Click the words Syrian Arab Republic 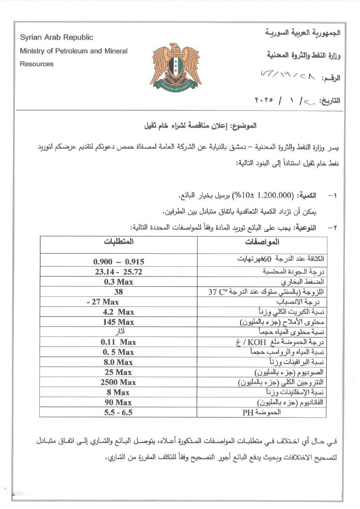56,37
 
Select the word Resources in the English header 37,64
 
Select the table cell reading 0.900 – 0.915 118,262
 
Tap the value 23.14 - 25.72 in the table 118,272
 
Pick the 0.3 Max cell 118,282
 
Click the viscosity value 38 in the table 118,292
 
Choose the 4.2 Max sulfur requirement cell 118,312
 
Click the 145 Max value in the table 118,322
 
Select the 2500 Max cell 118,382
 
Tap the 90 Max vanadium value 118,402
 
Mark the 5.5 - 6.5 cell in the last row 118,412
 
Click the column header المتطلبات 119,242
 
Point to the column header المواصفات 262,242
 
